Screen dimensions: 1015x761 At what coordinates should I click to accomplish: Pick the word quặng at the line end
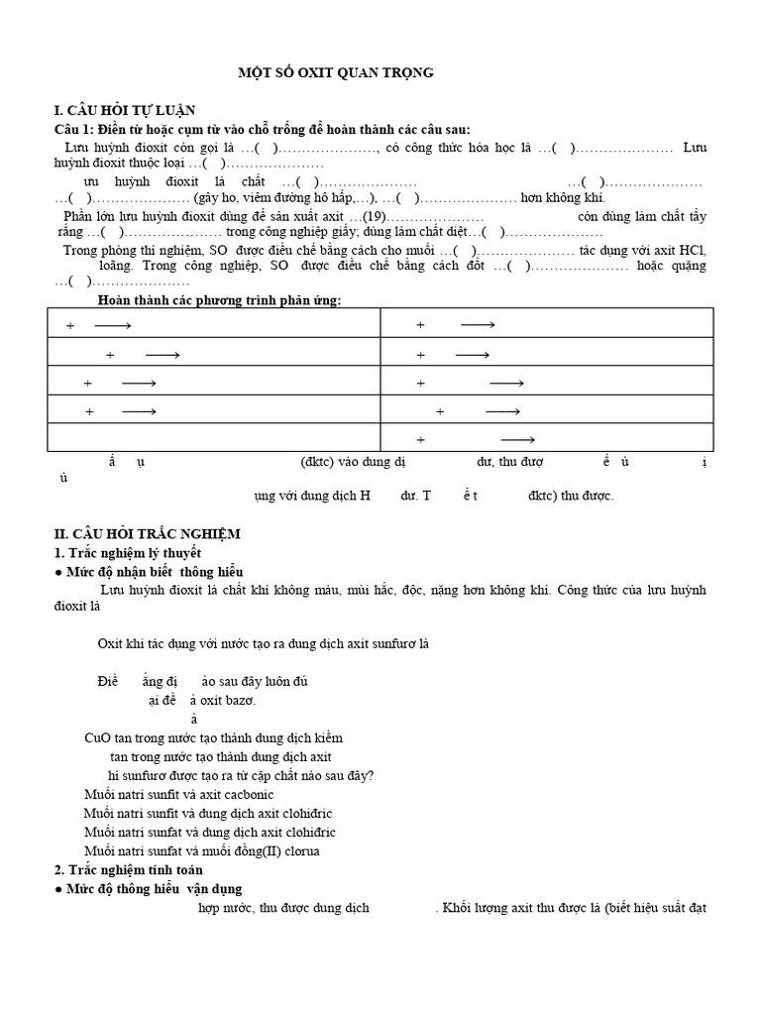click(x=687, y=266)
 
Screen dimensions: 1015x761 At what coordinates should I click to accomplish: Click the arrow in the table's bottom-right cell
click(x=517, y=439)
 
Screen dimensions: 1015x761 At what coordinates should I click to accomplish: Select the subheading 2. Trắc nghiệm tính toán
click(x=128, y=869)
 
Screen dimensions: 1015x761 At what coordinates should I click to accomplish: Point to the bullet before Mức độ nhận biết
click(x=58, y=572)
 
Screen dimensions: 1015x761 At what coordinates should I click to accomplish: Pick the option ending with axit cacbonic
click(x=179, y=795)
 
